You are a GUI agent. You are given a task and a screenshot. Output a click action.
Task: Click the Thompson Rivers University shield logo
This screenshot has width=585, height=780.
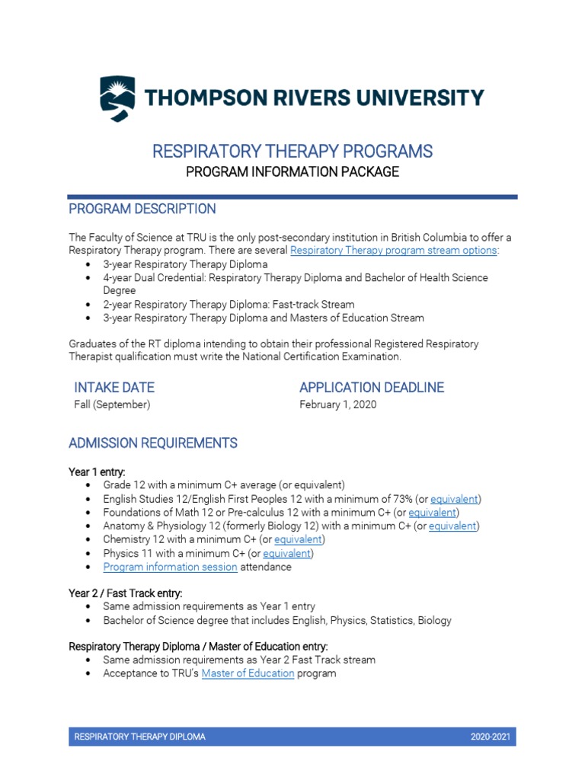[117, 98]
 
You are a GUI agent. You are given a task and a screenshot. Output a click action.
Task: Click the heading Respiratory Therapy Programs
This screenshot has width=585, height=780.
[292, 151]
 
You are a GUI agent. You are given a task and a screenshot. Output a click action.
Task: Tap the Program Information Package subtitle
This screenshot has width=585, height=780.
[292, 171]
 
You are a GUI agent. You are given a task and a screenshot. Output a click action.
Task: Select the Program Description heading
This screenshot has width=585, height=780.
[142, 209]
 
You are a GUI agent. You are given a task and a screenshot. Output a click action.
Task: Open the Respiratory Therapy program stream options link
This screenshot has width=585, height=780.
[393, 250]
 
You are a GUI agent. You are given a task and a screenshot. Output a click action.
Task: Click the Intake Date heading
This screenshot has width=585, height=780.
[114, 387]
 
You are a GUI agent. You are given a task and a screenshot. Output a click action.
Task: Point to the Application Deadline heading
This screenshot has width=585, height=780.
[372, 387]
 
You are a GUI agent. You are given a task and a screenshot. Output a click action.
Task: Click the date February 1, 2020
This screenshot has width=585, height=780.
[338, 404]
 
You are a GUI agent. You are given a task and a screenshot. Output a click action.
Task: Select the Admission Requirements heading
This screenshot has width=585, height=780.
[153, 443]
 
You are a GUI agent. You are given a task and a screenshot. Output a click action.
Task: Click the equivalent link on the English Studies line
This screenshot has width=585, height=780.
[454, 499]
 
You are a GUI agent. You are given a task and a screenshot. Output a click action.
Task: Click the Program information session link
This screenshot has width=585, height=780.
[170, 567]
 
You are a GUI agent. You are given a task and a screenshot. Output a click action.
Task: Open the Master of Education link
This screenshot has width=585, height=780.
[248, 673]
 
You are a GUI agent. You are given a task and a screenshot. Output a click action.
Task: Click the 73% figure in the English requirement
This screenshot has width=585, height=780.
[401, 499]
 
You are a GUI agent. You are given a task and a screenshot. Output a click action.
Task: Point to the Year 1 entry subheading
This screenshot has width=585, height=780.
[97, 472]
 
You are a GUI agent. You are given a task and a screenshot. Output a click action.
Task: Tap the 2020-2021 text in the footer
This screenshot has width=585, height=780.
[491, 737]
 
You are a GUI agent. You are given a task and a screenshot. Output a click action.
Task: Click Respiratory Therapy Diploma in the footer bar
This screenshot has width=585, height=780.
[139, 737]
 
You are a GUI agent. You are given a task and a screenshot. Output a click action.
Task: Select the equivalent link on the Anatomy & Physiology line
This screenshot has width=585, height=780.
[452, 526]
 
